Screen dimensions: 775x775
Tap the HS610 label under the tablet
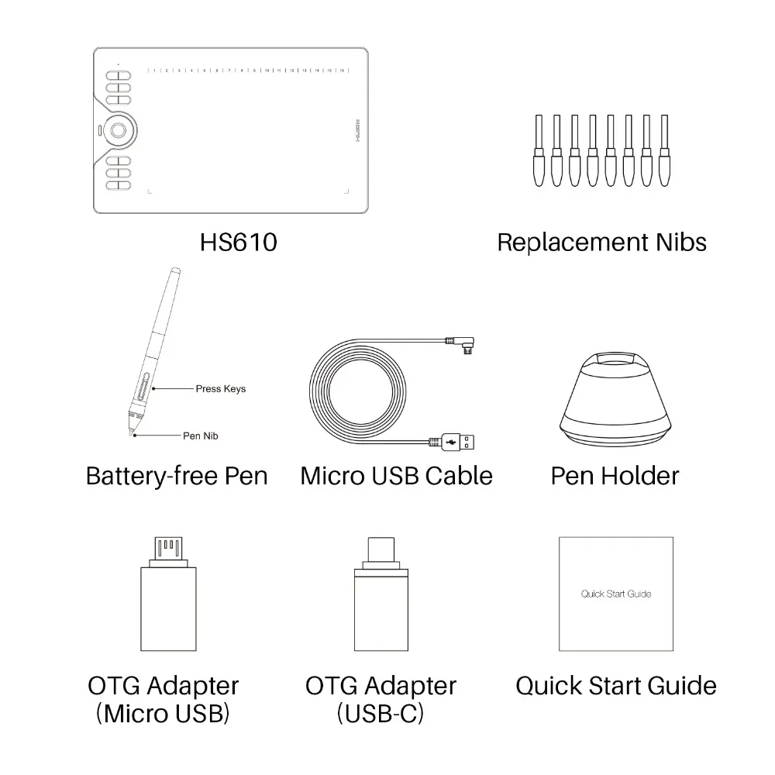click(238, 243)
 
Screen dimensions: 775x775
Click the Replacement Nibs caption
click(601, 243)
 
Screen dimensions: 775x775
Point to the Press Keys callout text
click(220, 388)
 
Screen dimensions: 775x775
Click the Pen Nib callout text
click(200, 436)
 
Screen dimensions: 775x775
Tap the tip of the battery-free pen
click(133, 436)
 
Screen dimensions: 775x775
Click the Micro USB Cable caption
click(396, 475)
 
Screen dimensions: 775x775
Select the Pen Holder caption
click(615, 475)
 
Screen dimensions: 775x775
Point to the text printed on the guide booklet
click(616, 594)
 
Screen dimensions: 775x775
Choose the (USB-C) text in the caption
click(381, 714)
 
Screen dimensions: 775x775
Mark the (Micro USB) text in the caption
click(163, 714)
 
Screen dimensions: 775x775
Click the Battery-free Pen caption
click(177, 475)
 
